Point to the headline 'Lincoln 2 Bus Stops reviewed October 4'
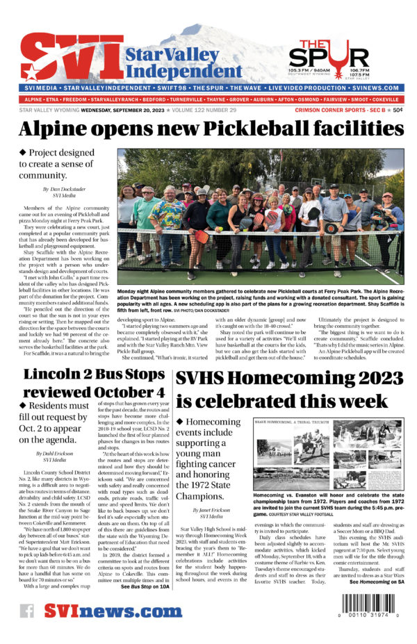coord(94,384)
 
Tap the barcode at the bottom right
coord(368,605)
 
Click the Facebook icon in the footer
coord(27,611)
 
